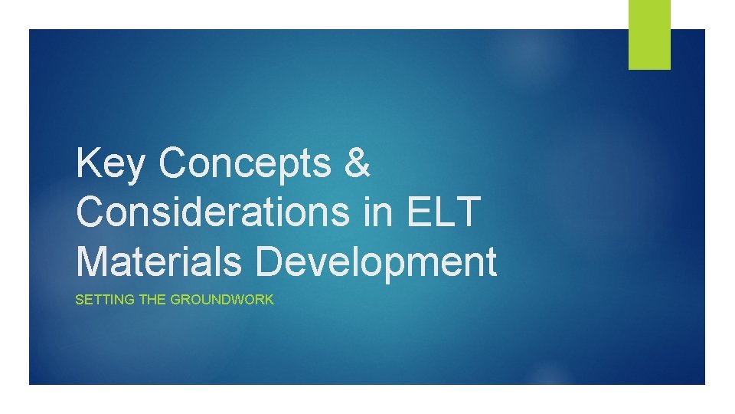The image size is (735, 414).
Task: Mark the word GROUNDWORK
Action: tap(221, 300)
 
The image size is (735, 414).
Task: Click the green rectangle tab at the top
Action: tap(649, 34)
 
